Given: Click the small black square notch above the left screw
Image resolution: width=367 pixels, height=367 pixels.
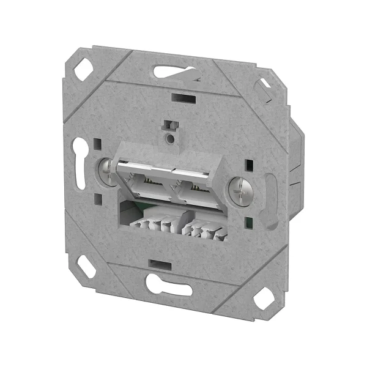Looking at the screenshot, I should [x=98, y=146].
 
